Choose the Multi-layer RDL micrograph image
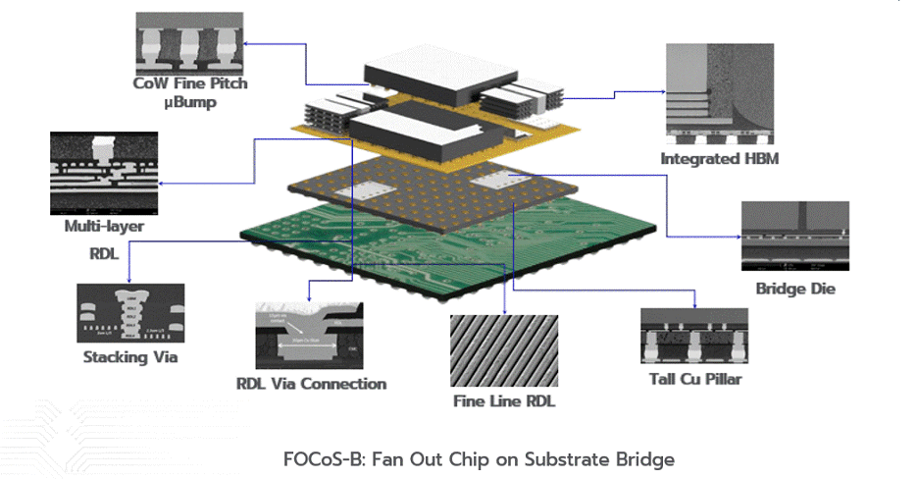104,175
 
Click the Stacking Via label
130,356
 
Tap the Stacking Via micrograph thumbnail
130,313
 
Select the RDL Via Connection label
312,384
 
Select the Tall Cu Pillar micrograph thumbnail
691,335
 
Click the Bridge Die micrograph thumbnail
794,239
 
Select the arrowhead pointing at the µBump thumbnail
248,43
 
